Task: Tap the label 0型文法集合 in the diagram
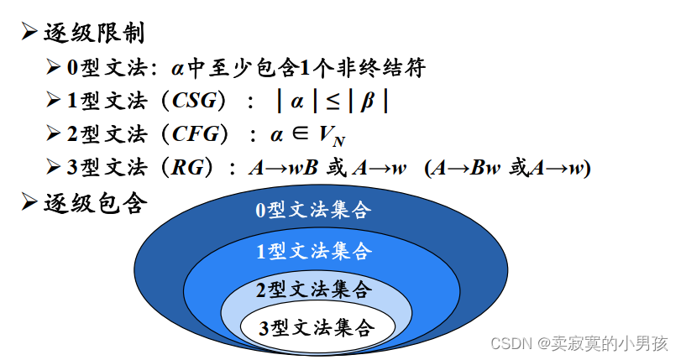click(312, 210)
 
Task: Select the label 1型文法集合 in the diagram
click(312, 250)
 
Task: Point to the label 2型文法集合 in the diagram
click(312, 290)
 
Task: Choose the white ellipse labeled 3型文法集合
click(316, 328)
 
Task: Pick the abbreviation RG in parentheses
click(185, 167)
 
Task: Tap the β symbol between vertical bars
click(367, 102)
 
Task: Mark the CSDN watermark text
click(579, 343)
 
